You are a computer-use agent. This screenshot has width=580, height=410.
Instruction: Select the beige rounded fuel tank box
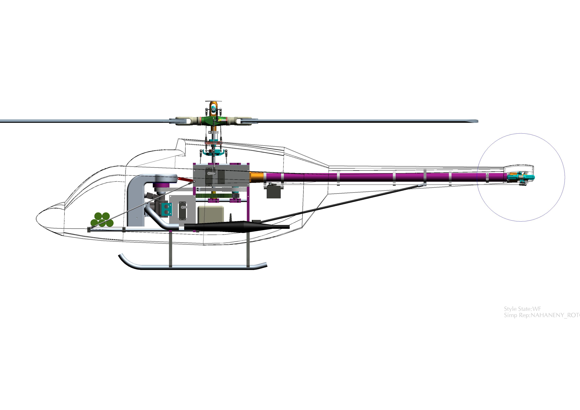(211, 215)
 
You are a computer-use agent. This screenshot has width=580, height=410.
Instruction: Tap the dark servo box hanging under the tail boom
(274, 192)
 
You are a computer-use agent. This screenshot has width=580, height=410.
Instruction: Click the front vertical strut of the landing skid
(170, 249)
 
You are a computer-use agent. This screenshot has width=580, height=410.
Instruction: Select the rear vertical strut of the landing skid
(248, 249)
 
